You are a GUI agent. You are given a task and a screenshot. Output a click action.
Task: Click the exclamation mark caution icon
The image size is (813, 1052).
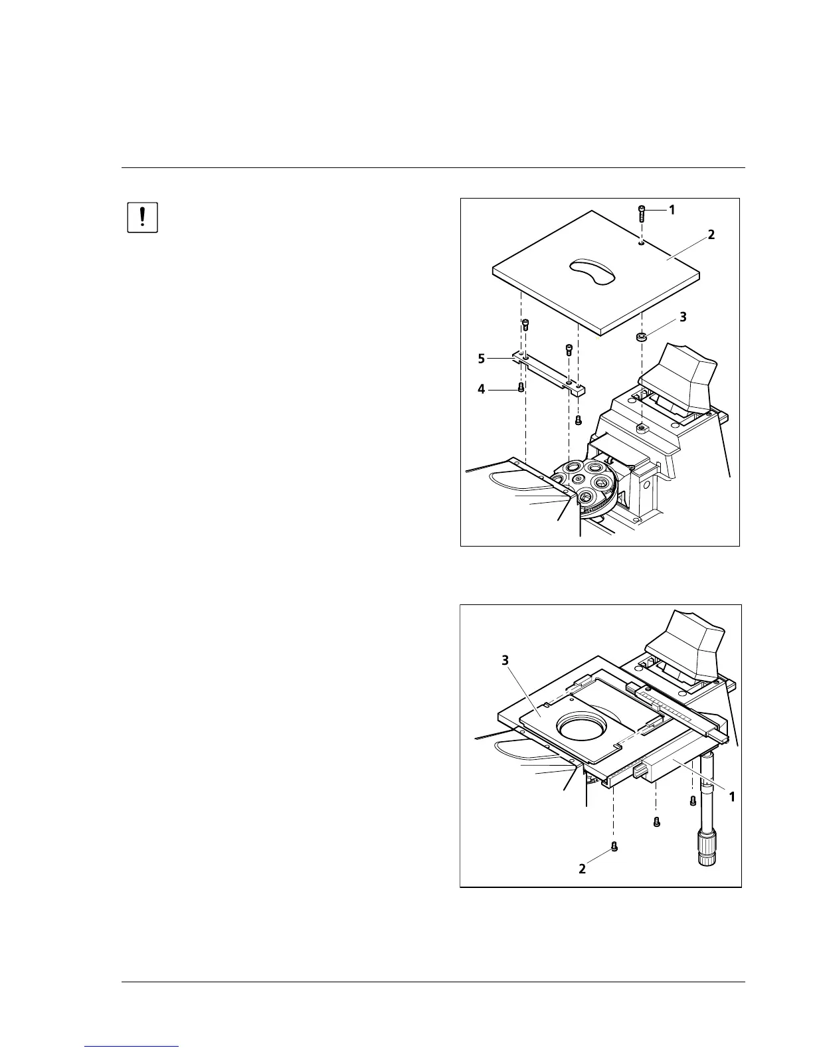coord(142,217)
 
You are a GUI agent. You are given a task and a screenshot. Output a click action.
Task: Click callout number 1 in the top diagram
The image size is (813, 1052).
coord(672,210)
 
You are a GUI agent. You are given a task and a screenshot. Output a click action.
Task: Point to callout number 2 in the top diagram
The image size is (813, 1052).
coord(711,234)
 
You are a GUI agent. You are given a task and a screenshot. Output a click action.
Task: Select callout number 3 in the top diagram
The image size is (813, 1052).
coord(683,317)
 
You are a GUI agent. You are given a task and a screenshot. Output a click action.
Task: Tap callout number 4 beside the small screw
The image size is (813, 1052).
coord(482,389)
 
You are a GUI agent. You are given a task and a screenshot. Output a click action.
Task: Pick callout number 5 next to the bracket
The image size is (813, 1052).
coord(482,359)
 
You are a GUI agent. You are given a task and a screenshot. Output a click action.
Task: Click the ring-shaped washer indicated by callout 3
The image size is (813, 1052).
coord(642,337)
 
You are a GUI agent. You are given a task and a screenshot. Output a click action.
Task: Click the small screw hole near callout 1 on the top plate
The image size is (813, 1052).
coord(640,244)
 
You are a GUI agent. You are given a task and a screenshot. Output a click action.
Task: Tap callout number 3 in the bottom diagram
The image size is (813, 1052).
coord(505,660)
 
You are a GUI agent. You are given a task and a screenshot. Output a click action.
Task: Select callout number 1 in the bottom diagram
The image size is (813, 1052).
coord(732,796)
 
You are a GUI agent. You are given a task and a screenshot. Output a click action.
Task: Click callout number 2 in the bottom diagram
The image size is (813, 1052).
coord(582,868)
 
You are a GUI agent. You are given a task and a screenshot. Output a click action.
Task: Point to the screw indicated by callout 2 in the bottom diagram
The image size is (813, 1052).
coord(614,847)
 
